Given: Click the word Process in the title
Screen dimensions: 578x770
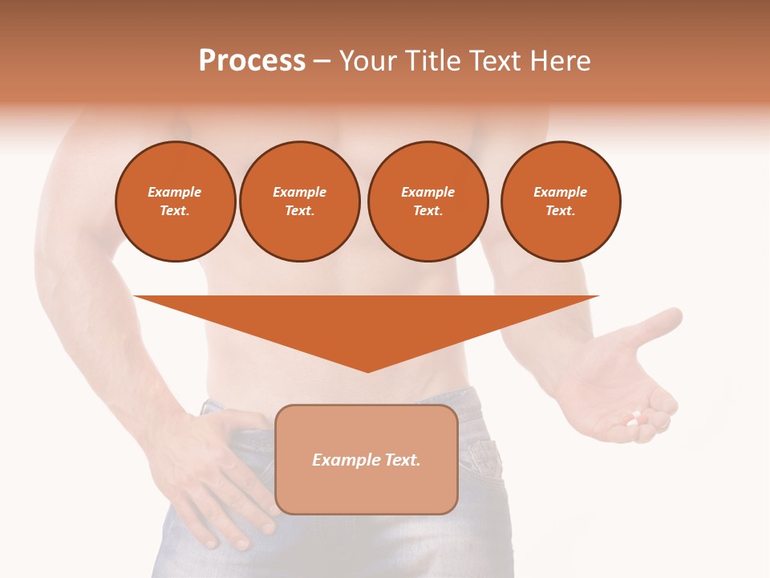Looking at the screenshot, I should coord(252,61).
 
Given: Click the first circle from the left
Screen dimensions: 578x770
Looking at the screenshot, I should coord(176,201).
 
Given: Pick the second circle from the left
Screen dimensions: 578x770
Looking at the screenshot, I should coord(300,201).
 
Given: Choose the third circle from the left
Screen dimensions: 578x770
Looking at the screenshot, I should coord(428,201).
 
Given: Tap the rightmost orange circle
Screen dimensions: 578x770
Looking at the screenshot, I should coord(561,201).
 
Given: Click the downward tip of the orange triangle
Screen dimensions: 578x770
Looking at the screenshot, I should coord(367,370).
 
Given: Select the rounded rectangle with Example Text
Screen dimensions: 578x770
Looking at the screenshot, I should coord(367,459).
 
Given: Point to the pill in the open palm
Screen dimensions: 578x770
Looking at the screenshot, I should coord(634,418).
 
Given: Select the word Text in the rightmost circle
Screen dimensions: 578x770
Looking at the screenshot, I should coord(561,211).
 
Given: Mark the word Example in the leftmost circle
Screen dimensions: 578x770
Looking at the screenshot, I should coord(175,193).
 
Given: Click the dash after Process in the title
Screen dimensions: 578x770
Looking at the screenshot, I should coord(322,61).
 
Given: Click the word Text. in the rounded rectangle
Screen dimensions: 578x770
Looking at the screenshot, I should coord(401,460).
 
